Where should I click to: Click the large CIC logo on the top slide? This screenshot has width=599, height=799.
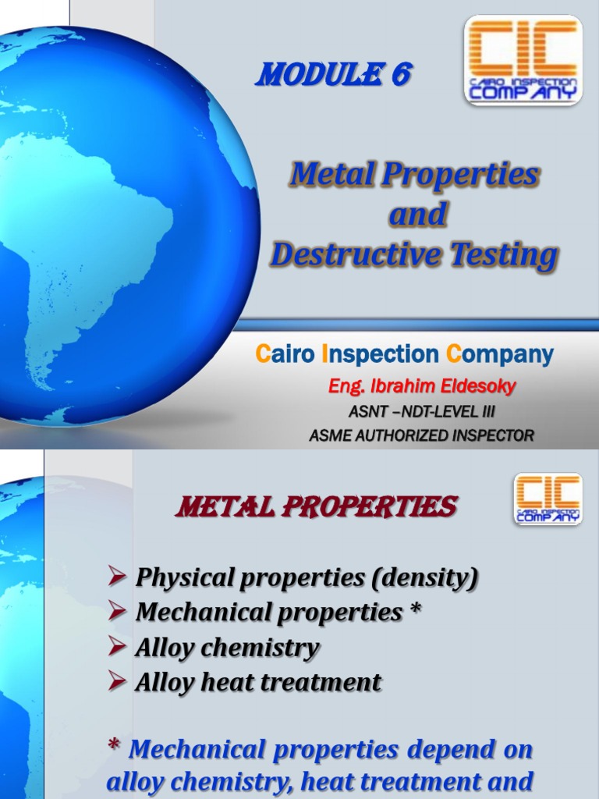[523, 60]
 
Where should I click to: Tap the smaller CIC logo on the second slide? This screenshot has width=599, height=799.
[548, 499]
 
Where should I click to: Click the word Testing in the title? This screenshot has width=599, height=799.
[512, 255]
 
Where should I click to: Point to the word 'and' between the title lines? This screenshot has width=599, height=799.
[417, 215]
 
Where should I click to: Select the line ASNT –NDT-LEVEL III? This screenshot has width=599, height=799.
[422, 411]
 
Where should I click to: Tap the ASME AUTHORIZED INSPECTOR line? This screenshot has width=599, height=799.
[422, 435]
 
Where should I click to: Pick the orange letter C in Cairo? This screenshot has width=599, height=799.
[263, 355]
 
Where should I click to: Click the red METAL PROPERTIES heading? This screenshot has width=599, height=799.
[317, 508]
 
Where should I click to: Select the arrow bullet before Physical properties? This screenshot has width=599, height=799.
[118, 577]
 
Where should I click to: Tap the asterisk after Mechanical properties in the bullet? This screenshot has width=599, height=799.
[414, 611]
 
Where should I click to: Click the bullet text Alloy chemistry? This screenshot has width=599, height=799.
[228, 647]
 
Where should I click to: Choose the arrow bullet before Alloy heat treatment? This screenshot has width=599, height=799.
[118, 683]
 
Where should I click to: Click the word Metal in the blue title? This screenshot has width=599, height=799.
[331, 175]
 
